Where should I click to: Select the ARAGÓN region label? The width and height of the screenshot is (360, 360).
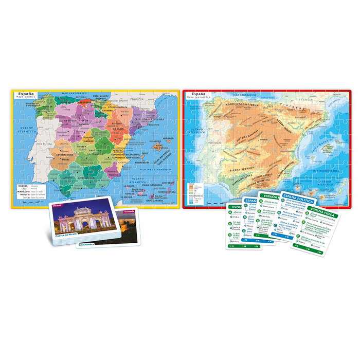tap(117, 123)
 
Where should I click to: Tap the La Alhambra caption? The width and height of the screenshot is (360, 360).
tap(87, 245)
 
